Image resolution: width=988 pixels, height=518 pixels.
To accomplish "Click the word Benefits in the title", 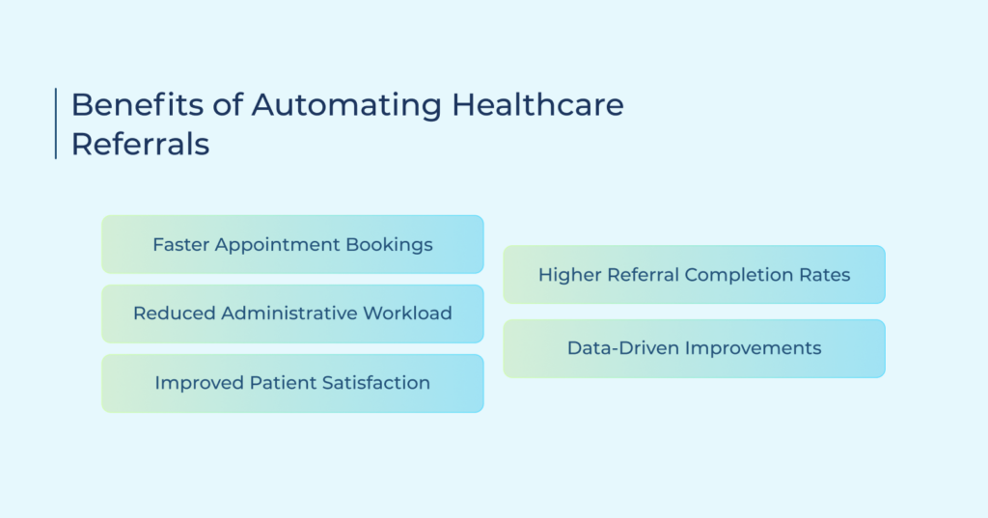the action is (x=137, y=104).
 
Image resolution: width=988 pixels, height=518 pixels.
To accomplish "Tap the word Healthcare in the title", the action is (x=538, y=104).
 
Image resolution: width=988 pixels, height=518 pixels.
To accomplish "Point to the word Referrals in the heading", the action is (x=140, y=144).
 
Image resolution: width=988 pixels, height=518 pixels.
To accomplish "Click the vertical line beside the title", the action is (x=56, y=123).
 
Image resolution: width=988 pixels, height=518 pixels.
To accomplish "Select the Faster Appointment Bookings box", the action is (x=293, y=244).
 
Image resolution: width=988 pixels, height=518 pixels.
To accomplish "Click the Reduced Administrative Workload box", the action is (x=293, y=314).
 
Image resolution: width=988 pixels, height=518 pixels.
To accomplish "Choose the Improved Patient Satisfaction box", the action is (x=293, y=383).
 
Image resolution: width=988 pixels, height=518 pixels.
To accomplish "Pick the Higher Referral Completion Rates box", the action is (x=695, y=275).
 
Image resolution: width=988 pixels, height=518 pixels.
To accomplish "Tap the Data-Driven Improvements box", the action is (x=695, y=348).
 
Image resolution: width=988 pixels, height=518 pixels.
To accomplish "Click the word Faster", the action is (x=180, y=244).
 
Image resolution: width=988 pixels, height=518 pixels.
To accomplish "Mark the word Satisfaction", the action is (x=376, y=383).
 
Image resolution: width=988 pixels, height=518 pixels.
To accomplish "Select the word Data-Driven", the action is (x=623, y=348).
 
